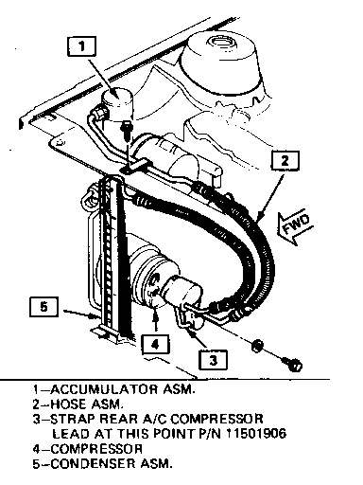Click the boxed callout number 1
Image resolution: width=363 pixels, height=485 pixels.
tap(81, 46)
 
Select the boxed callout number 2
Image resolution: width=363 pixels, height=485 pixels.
tap(285, 161)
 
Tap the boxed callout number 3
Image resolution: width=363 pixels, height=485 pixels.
tap(213, 359)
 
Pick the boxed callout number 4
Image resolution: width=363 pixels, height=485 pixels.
tap(155, 345)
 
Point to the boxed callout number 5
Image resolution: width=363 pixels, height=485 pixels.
tap(43, 306)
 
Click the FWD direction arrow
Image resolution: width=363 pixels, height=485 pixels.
tap(296, 226)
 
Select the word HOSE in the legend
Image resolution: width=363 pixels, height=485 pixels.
tap(68, 404)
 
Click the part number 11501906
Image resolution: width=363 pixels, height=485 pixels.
tap(256, 434)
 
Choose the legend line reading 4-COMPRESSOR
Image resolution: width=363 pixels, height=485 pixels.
tap(88, 449)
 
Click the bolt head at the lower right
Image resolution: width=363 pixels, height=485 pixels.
tap(293, 365)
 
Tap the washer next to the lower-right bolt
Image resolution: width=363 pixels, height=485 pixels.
tap(257, 346)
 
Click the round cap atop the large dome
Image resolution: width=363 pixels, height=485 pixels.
tap(221, 42)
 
